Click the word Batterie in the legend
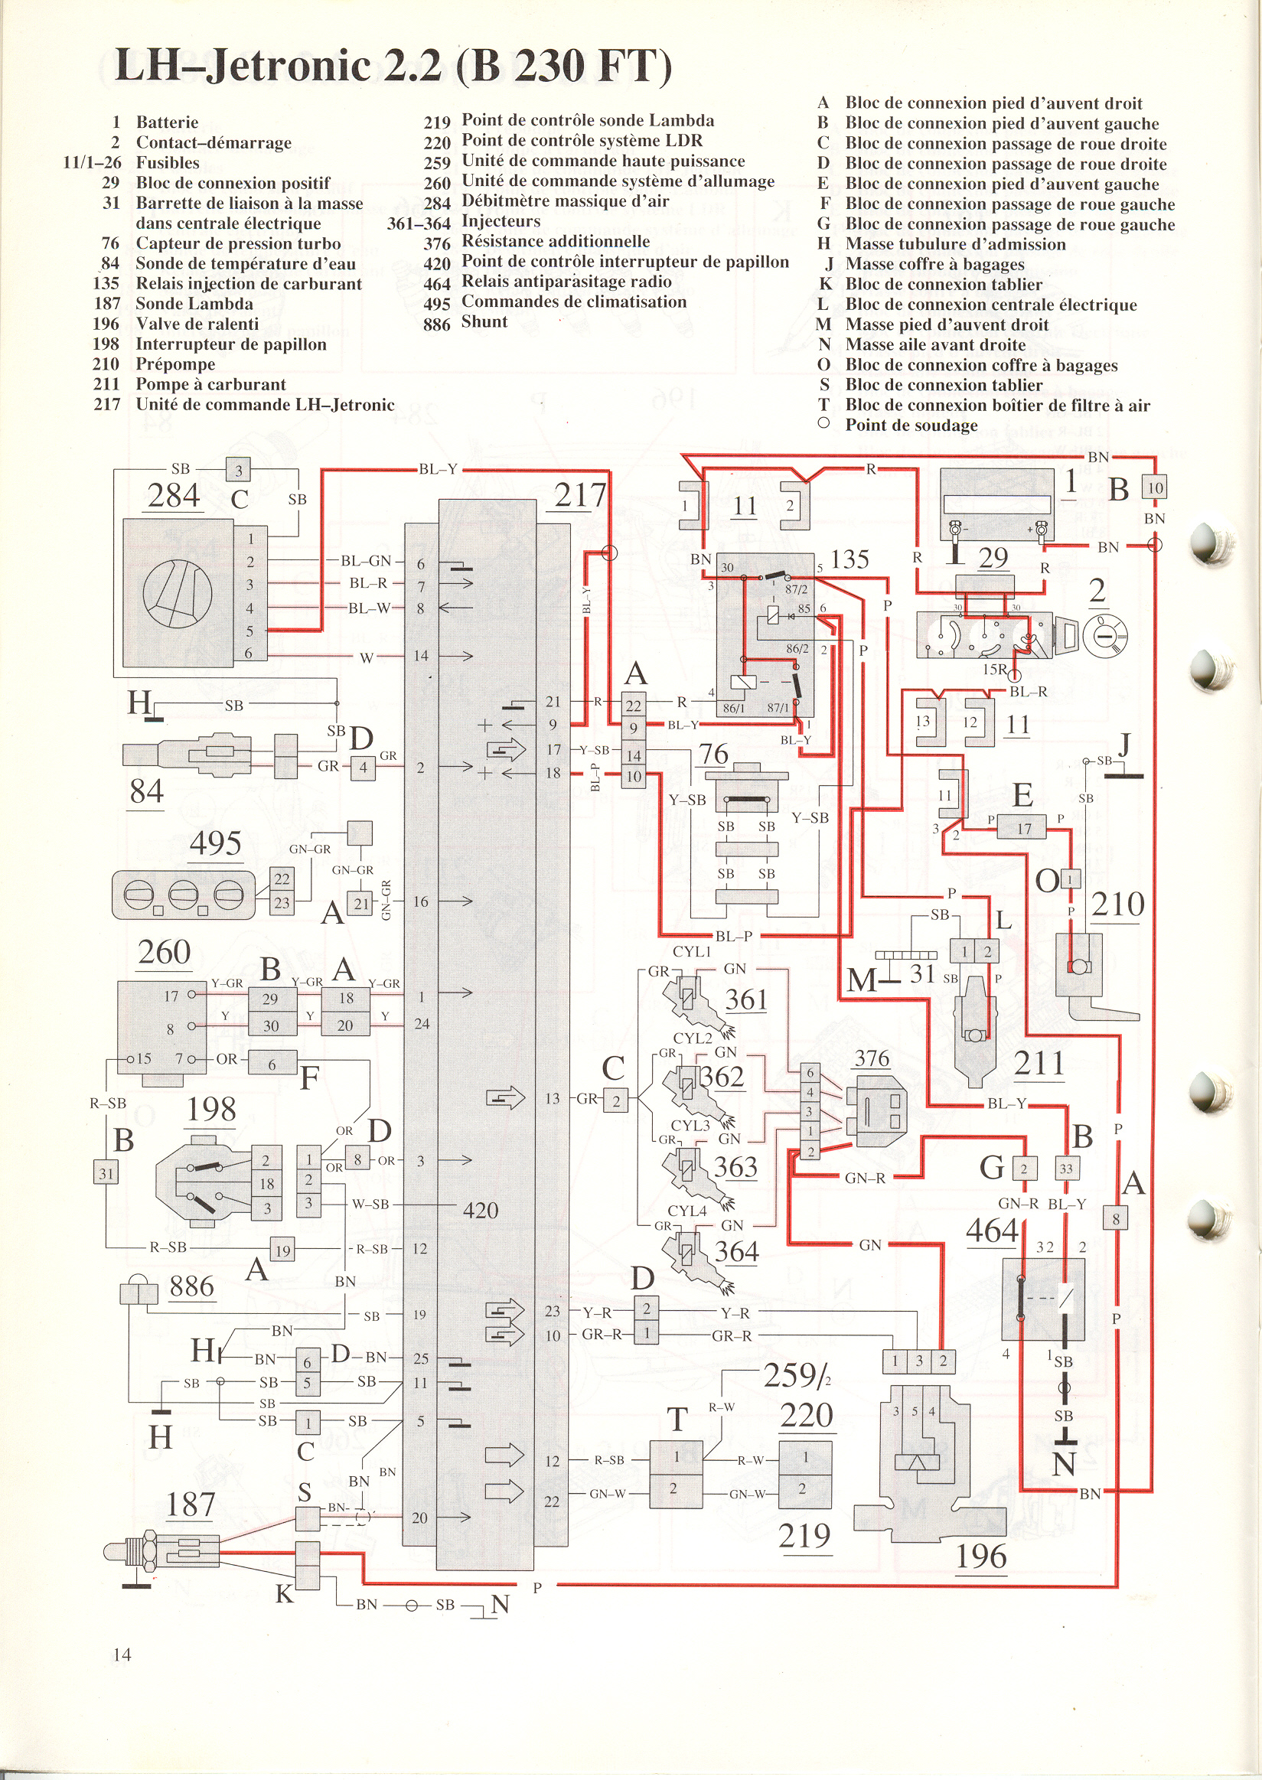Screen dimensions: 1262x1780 167,122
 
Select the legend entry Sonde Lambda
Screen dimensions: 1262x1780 194,304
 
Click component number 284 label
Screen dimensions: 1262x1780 174,495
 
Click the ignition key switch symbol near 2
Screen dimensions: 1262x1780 1103,634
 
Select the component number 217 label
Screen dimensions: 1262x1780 579,495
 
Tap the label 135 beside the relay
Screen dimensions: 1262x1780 849,559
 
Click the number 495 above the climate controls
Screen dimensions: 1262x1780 215,843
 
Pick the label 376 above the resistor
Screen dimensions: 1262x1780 872,1058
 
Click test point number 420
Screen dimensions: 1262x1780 481,1210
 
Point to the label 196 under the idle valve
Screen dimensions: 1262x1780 981,1557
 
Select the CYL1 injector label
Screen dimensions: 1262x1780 692,952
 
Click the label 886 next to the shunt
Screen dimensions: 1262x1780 191,1286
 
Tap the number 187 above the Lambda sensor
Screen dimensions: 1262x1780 191,1505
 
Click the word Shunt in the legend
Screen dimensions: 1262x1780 485,321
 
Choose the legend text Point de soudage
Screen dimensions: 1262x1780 911,425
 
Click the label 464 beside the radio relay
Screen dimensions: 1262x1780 993,1231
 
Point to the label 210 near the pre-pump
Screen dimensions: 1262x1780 1118,904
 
